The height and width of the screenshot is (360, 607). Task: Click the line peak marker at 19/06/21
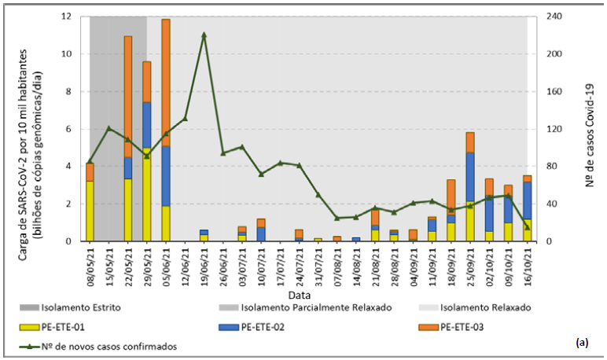click(x=204, y=35)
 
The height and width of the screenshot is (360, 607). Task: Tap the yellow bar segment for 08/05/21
click(x=90, y=211)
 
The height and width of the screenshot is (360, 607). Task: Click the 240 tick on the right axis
click(x=555, y=17)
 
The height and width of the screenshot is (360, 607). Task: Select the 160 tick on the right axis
click(x=555, y=91)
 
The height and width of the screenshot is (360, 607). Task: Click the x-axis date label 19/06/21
click(x=204, y=266)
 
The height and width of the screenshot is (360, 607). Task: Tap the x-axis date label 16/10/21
click(x=527, y=266)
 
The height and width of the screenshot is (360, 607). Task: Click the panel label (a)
click(x=582, y=343)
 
